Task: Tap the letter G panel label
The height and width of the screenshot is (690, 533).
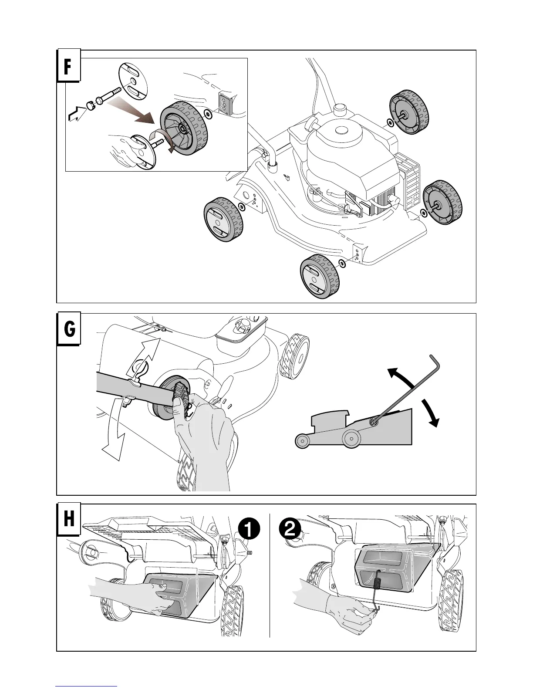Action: pyautogui.click(x=68, y=330)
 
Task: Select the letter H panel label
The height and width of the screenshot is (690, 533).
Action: pyautogui.click(x=68, y=521)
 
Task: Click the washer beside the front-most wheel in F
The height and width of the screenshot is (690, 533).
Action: pyautogui.click(x=342, y=264)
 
